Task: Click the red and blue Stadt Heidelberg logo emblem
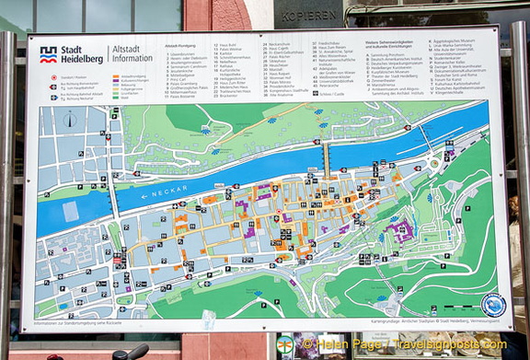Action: pos(49,54)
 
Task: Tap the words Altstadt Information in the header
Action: pos(131,55)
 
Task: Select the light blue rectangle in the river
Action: pos(70,211)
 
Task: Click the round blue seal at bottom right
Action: pos(493,305)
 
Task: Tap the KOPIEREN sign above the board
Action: pos(310,17)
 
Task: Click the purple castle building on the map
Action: pos(402,230)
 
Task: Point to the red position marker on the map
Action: pos(120,259)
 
